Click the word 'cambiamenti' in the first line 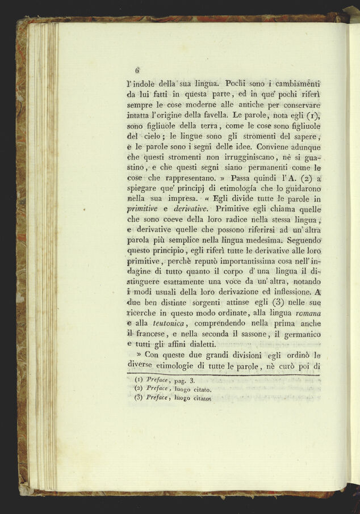[290, 83]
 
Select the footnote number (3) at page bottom [138, 398]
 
